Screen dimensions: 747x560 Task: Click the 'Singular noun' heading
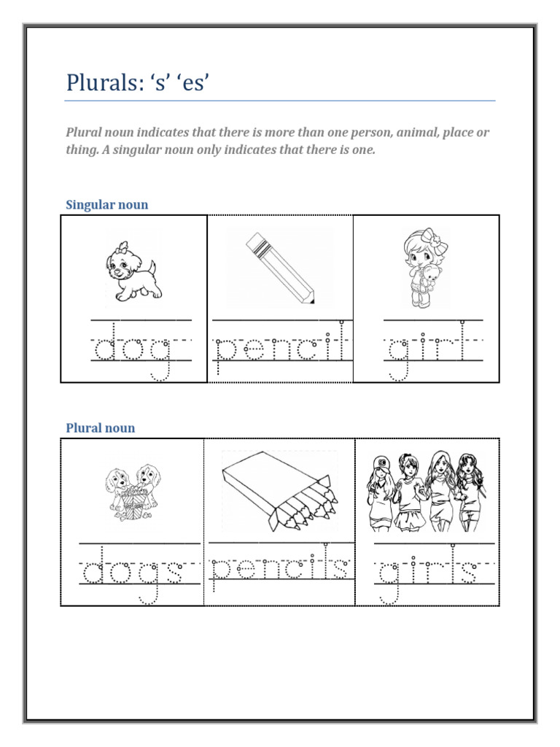coord(106,204)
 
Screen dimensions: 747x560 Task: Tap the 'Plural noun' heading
coord(100,427)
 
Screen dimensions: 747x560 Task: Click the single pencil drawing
coord(280,266)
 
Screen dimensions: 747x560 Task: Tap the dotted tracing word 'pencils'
coord(280,569)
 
